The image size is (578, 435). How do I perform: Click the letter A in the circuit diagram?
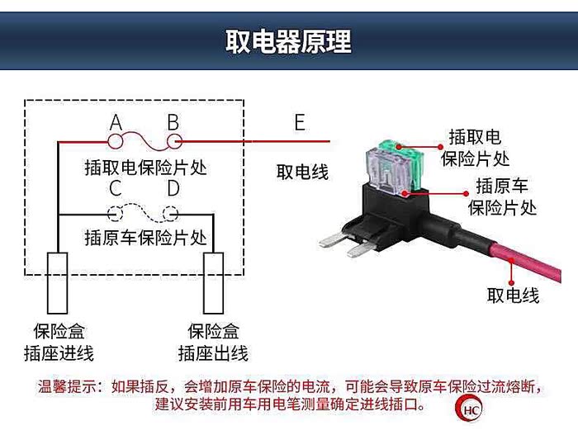click(x=116, y=123)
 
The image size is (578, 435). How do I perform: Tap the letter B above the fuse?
click(x=173, y=123)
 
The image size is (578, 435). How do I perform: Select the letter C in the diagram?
click(x=116, y=189)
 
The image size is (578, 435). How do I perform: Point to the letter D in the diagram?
click(x=173, y=189)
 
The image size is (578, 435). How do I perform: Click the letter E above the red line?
click(x=299, y=123)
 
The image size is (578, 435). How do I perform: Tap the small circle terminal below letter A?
click(x=116, y=141)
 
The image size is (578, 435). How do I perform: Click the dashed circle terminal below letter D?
click(x=172, y=214)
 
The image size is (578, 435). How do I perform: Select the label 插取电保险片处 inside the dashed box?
click(x=145, y=168)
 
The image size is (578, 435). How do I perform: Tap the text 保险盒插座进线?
click(x=57, y=343)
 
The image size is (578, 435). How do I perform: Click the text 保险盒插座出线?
click(x=213, y=343)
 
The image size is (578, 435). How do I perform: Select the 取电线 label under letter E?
click(x=302, y=173)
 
